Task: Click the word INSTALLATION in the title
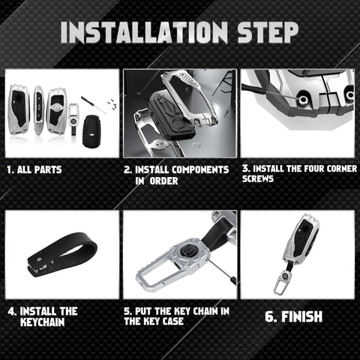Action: tap(144, 32)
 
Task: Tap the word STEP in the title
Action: tap(268, 32)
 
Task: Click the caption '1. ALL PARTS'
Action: tap(34, 169)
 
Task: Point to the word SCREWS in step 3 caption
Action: tap(258, 178)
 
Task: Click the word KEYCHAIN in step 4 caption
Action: tap(43, 322)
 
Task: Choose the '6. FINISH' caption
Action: tap(293, 316)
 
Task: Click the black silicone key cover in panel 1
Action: tap(91, 131)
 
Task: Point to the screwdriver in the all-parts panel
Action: tap(93, 105)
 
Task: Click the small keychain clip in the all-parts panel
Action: tap(73, 118)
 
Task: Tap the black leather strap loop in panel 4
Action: tap(62, 254)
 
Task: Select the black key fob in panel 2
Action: tap(172, 115)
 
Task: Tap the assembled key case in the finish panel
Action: tap(301, 240)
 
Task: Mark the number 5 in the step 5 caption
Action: tap(127, 311)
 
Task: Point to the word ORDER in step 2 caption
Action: tap(163, 181)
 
